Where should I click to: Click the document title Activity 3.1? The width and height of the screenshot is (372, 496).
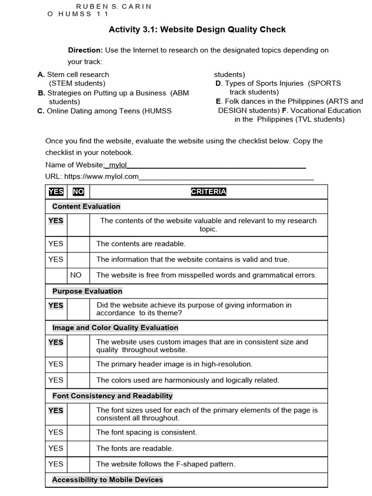pos(197,30)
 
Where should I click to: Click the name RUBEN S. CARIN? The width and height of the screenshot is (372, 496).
pos(114,6)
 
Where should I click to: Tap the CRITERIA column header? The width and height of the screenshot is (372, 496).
pos(208,192)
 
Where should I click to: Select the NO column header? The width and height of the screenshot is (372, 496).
pos(78,192)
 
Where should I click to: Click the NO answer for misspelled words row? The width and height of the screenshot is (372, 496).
pos(76,275)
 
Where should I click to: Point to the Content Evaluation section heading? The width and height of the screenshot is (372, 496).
pos(86,206)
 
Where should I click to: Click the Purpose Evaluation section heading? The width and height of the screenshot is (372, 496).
pos(87,291)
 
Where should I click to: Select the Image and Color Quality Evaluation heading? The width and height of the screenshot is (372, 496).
pos(115,327)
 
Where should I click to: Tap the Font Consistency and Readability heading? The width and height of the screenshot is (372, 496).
pos(112,396)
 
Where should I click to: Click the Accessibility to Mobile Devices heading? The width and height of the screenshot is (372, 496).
pos(108,480)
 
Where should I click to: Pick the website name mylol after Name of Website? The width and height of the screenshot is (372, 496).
pos(118,165)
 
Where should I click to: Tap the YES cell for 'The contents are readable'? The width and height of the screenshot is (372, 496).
pos(56,244)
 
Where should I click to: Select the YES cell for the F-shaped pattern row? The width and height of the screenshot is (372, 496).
pos(56,464)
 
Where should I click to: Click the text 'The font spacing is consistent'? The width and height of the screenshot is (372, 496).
pos(146,432)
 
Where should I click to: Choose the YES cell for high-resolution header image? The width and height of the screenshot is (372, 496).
pos(56,364)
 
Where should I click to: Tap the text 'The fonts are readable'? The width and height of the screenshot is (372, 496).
pos(135,449)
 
